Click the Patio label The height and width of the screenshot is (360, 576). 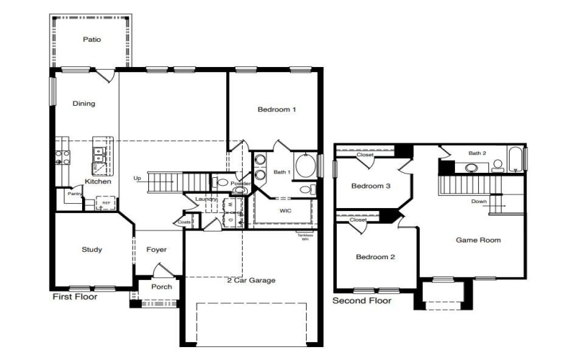click(91, 40)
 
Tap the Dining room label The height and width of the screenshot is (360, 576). click(84, 104)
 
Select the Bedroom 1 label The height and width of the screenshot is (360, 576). click(277, 109)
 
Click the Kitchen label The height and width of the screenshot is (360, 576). click(98, 181)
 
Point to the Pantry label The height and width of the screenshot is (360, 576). click(73, 194)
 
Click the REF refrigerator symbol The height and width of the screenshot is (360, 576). click(106, 204)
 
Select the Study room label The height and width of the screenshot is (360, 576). click(91, 250)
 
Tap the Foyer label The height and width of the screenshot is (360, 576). click(156, 250)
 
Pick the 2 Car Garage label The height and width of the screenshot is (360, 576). click(251, 280)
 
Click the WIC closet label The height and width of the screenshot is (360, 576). click(285, 211)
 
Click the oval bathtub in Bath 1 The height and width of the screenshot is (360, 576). click(305, 166)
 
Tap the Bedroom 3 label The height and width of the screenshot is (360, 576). click(370, 186)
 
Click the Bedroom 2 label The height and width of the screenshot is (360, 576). click(374, 256)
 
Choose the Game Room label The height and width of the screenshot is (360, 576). click(478, 240)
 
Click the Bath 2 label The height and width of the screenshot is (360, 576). click(478, 153)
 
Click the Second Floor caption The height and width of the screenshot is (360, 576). click(361, 300)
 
